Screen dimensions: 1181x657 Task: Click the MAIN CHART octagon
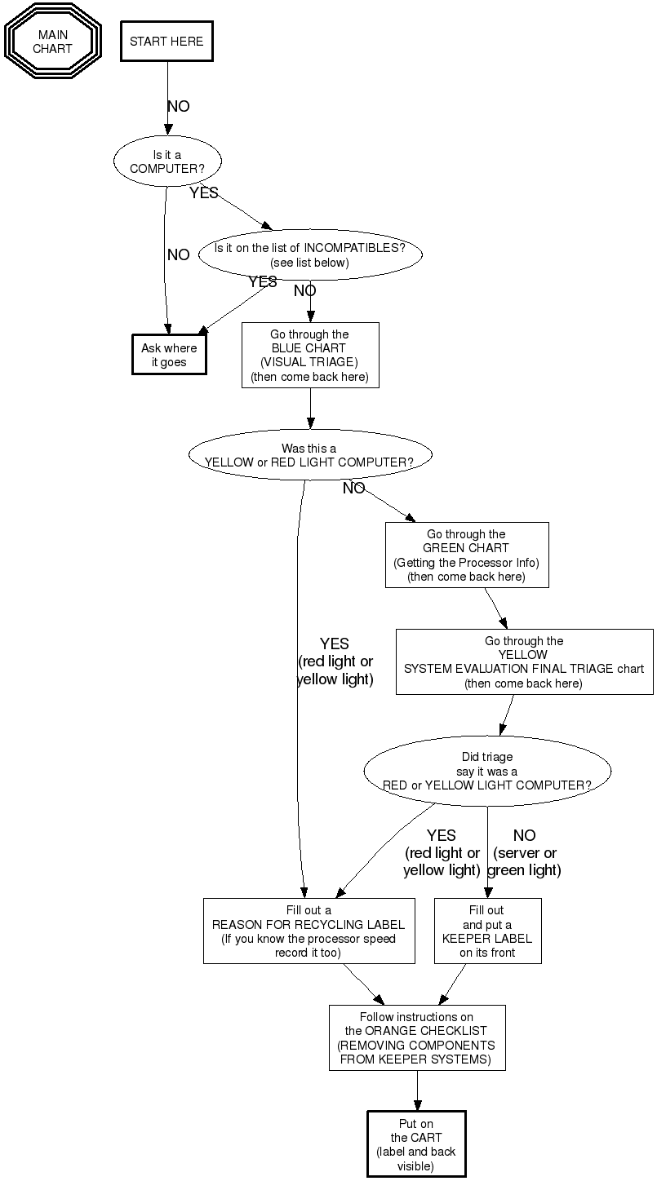tap(52, 42)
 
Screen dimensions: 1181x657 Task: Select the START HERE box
tap(166, 42)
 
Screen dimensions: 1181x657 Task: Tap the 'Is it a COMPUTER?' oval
tap(167, 161)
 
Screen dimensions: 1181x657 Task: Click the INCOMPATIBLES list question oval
tap(309, 254)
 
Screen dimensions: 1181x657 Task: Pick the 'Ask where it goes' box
tap(169, 355)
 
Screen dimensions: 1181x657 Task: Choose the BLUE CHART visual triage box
tap(310, 355)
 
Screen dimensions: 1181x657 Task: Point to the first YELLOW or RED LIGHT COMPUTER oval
tap(309, 454)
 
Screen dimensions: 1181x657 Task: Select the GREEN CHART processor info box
tap(467, 555)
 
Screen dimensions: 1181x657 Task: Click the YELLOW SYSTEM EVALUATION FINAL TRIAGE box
tap(524, 661)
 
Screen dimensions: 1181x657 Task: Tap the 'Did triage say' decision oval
tap(487, 771)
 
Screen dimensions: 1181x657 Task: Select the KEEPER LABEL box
tap(487, 931)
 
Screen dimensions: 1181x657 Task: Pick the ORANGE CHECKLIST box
tap(417, 1037)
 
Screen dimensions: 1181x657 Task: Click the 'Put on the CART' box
tap(416, 1144)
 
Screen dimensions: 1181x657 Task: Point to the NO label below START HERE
tap(178, 106)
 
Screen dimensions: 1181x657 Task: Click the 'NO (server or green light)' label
tap(526, 852)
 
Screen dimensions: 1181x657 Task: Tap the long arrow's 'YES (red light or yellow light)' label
tap(335, 661)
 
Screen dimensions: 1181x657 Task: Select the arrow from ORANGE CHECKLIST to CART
tap(417, 1090)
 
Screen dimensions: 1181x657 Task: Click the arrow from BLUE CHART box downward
tap(310, 408)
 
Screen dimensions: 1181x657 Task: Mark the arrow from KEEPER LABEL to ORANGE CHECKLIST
tap(454, 984)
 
